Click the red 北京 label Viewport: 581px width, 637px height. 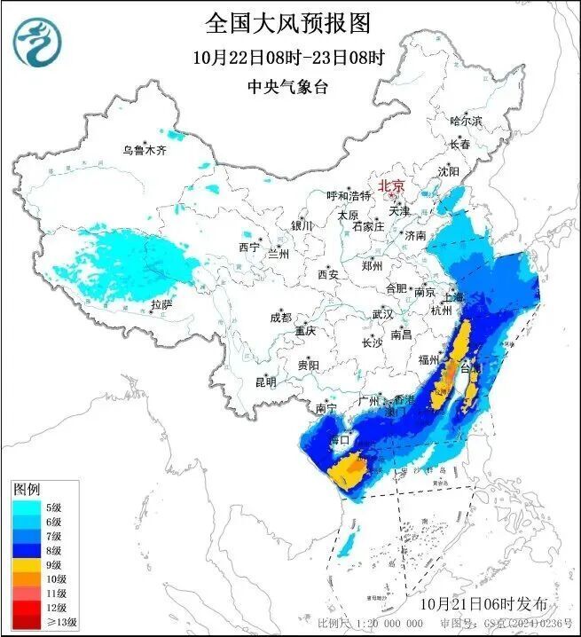(x=391, y=185)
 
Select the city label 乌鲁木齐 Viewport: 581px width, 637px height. (x=145, y=150)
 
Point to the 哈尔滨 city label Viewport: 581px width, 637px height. (x=467, y=121)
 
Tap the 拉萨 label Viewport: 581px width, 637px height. (x=161, y=304)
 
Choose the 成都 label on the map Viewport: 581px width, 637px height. (x=281, y=317)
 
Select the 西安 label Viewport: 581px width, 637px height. (x=328, y=275)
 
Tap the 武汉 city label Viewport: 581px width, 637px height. (x=382, y=314)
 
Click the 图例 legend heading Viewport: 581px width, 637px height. (x=27, y=489)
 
